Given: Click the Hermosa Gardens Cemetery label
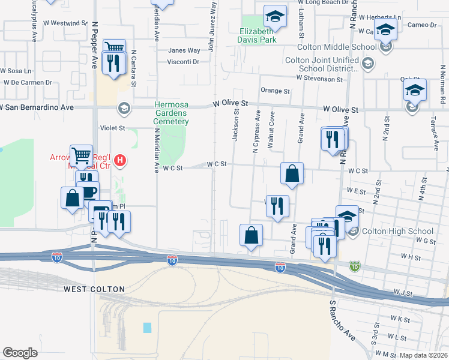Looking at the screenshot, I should coord(171,113).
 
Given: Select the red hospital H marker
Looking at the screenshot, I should coord(120,160).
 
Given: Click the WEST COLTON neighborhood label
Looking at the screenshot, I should coord(94,289).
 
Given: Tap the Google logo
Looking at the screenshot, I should coord(20,353).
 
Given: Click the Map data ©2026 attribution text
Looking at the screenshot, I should coord(424,355).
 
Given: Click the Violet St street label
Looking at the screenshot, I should coord(112,128).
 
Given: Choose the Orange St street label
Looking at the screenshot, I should coord(275,91).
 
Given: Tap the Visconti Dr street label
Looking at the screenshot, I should coord(183,62).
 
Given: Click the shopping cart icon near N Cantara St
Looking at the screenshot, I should coord(113,48).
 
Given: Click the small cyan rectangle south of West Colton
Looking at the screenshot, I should coord(148,328).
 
